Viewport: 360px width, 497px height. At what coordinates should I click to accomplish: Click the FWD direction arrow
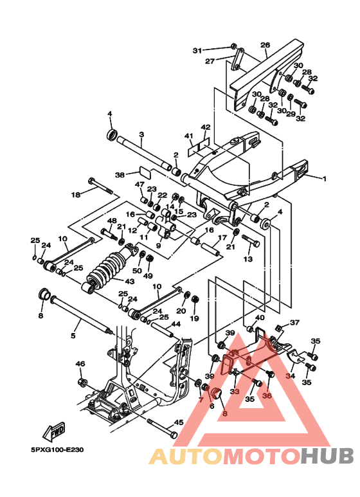(54, 431)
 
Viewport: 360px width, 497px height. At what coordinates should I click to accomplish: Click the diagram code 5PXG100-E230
(57, 450)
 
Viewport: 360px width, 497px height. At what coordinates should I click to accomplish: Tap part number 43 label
(130, 282)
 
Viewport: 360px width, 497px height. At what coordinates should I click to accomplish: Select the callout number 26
(265, 45)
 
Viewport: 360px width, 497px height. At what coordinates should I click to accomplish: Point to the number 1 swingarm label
(324, 179)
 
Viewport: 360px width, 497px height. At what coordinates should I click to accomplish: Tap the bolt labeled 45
(161, 429)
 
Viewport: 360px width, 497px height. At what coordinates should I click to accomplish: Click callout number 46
(80, 363)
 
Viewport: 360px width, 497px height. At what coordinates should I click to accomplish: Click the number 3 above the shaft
(141, 134)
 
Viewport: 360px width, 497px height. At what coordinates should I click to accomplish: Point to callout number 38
(120, 175)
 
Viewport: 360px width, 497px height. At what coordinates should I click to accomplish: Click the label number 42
(206, 127)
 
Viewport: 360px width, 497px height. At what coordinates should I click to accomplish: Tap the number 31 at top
(197, 51)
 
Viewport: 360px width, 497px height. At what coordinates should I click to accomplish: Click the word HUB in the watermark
(327, 456)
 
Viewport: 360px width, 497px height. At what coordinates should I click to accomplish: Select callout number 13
(248, 259)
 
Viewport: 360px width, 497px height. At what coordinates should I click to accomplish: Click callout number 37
(294, 323)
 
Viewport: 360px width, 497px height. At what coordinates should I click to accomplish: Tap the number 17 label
(222, 237)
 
